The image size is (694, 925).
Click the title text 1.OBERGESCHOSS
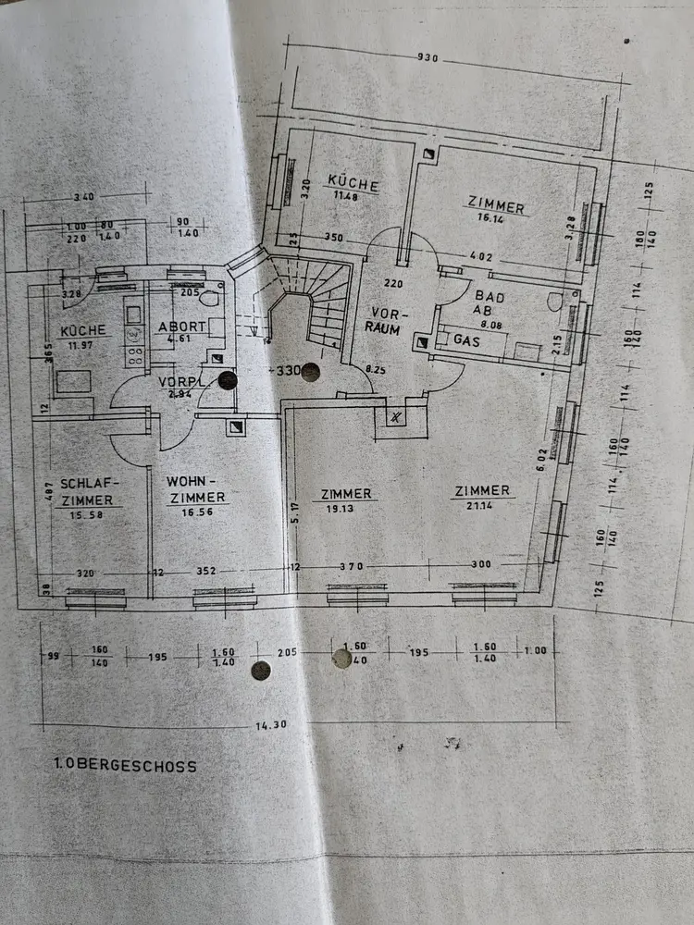point(125,766)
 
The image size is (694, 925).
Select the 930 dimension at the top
point(428,57)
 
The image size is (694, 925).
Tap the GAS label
point(465,339)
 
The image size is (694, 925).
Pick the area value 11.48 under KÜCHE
point(345,196)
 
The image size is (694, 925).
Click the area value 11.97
point(82,346)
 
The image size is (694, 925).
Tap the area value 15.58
point(84,514)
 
